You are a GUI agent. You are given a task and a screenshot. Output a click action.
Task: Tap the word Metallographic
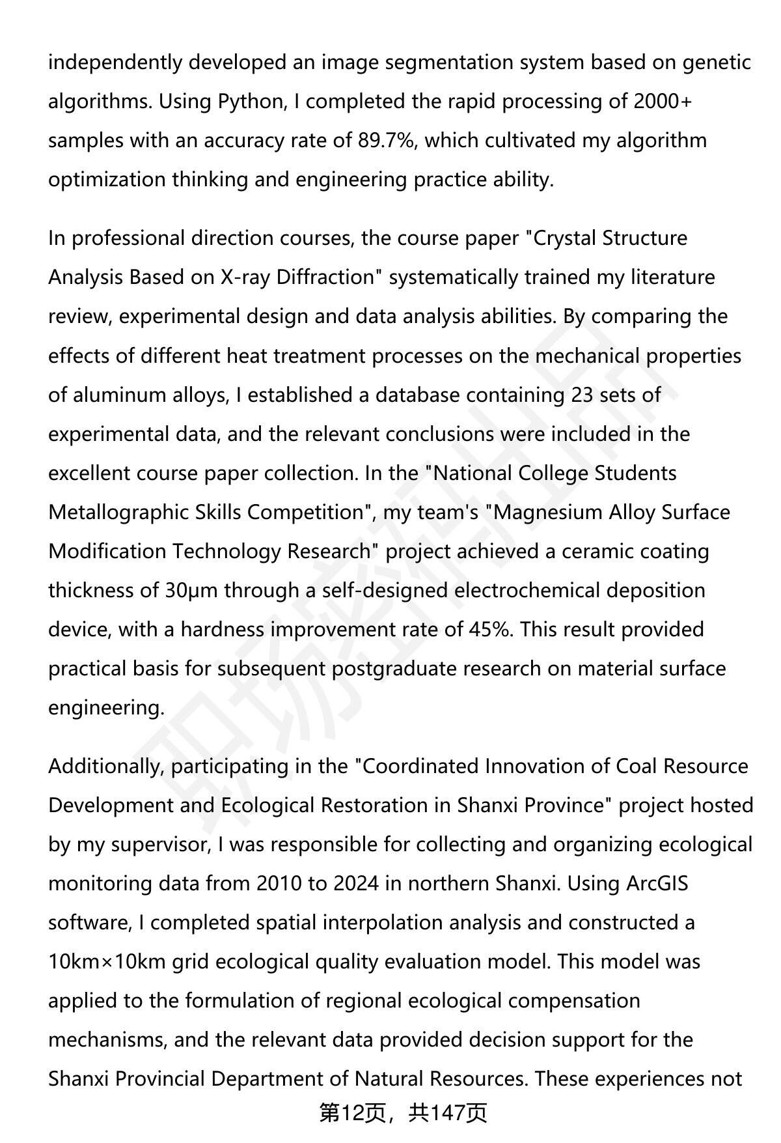tap(118, 513)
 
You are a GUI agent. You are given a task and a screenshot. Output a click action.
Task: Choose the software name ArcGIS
tap(657, 884)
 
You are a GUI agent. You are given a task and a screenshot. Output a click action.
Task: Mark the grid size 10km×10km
tap(107, 962)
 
